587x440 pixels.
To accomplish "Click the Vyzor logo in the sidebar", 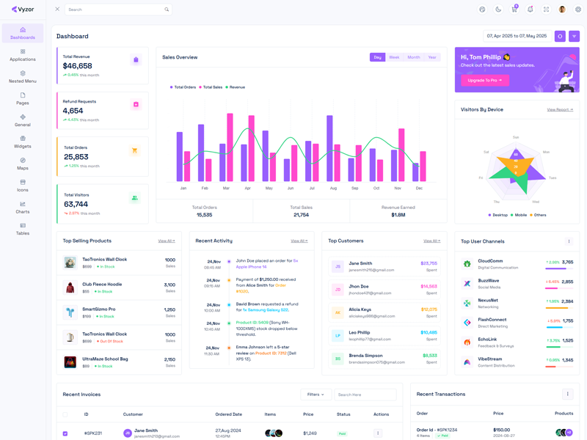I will tap(23, 10).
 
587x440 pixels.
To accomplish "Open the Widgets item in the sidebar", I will tap(23, 142).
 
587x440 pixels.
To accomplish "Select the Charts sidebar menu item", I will tap(23, 207).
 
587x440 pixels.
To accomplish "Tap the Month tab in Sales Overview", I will tap(414, 57).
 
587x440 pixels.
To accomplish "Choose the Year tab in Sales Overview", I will tap(432, 57).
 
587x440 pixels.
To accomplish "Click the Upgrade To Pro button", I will tap(484, 80).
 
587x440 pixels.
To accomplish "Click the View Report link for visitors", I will tap(560, 109).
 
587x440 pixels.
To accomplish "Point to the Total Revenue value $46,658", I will tap(78, 66).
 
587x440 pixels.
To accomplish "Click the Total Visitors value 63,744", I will tap(76, 205).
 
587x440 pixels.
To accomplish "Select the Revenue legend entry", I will tap(236, 87).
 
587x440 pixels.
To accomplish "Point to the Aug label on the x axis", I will tap(333, 188).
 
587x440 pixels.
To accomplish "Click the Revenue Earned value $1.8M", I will tap(398, 215).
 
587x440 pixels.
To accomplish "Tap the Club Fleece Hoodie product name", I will tap(102, 284).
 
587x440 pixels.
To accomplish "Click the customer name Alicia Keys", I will tap(360, 309).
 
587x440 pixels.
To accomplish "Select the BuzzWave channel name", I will tap(489, 280).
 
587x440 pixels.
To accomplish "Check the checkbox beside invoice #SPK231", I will tap(65, 433).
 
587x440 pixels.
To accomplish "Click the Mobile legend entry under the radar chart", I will tap(520, 215).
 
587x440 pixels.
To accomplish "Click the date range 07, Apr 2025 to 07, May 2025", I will tap(517, 36).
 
